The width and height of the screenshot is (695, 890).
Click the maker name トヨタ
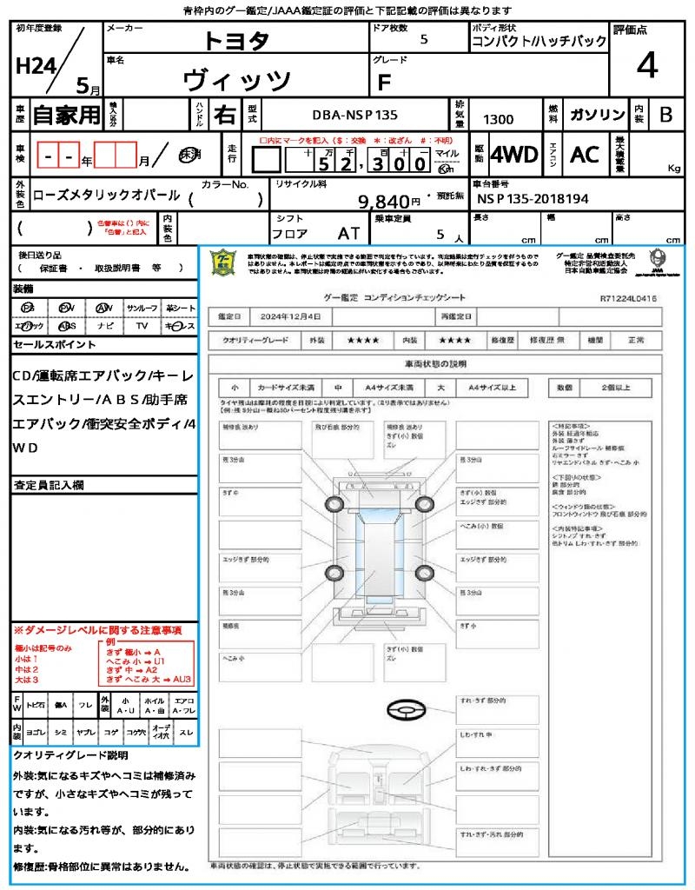(x=236, y=41)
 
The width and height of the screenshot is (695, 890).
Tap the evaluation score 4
(x=645, y=66)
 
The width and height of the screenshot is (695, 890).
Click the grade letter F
(x=384, y=81)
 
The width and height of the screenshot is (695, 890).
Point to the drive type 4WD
(x=514, y=155)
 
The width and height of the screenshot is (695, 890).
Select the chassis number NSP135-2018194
(x=533, y=199)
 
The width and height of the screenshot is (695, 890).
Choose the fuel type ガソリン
(x=596, y=115)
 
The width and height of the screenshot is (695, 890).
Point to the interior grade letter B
(x=665, y=114)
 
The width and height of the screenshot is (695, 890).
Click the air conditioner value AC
(x=585, y=155)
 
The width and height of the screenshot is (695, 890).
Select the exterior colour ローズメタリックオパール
(x=106, y=196)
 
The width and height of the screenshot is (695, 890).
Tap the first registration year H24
(x=35, y=66)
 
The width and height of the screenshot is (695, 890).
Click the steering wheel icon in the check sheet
(x=405, y=710)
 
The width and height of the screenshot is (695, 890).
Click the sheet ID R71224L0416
(x=627, y=298)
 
